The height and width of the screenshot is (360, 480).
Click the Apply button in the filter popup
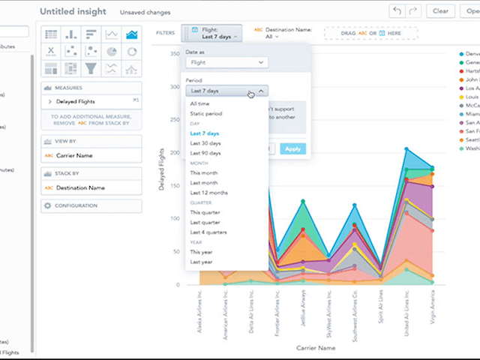293,149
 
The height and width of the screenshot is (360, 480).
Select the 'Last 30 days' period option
205,142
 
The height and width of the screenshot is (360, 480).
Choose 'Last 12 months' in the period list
209,193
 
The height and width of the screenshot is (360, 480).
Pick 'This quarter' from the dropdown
205,212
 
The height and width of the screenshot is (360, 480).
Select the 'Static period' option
205,113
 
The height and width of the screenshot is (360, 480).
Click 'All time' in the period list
200,103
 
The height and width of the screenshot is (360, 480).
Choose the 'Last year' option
201,262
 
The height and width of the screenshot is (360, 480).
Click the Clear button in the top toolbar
440,11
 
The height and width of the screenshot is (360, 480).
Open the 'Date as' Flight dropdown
226,63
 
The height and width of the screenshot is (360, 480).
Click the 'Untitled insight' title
73,12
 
